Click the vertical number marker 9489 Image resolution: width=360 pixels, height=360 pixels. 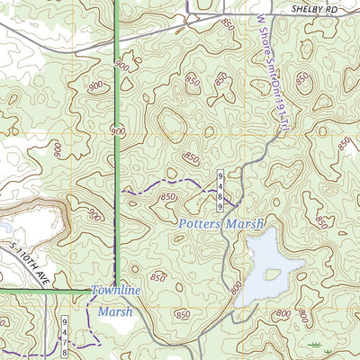218,184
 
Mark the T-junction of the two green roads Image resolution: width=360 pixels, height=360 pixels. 115,292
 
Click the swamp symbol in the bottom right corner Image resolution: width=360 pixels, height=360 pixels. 315,345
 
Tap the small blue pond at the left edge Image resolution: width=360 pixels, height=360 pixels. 4,230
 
